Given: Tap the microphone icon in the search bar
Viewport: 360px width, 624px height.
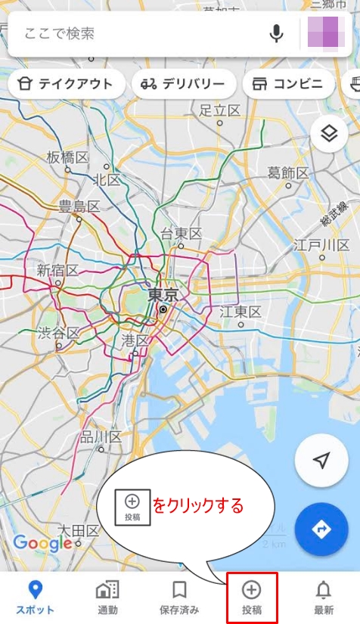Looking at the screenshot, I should coord(277,33).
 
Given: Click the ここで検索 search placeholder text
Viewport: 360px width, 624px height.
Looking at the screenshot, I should coord(60,33).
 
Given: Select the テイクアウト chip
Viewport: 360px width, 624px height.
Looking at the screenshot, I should coord(66,84).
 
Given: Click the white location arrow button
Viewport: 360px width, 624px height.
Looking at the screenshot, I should coord(321,461).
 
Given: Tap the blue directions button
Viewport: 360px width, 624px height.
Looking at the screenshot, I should coord(321,529).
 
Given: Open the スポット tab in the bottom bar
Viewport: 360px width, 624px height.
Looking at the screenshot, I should coord(35,597).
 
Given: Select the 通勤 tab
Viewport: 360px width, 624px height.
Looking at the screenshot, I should coord(107,597).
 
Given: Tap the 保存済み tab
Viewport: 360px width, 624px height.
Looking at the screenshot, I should coord(179,597).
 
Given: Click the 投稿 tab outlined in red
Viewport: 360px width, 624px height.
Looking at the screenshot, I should coord(251,597).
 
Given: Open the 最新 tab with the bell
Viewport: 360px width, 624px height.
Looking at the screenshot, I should coord(323,597).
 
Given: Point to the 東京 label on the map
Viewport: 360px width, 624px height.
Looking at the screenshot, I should coord(163,294).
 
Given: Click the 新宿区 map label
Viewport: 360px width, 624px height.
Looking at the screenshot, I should coord(57,270).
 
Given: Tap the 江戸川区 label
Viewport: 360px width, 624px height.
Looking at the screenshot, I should coord(322,246).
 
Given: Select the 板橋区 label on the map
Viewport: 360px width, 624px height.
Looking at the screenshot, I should coord(67,157).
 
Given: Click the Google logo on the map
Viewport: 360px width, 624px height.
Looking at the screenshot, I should coord(42,542).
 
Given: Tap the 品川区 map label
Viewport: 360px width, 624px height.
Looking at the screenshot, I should coord(101,437).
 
